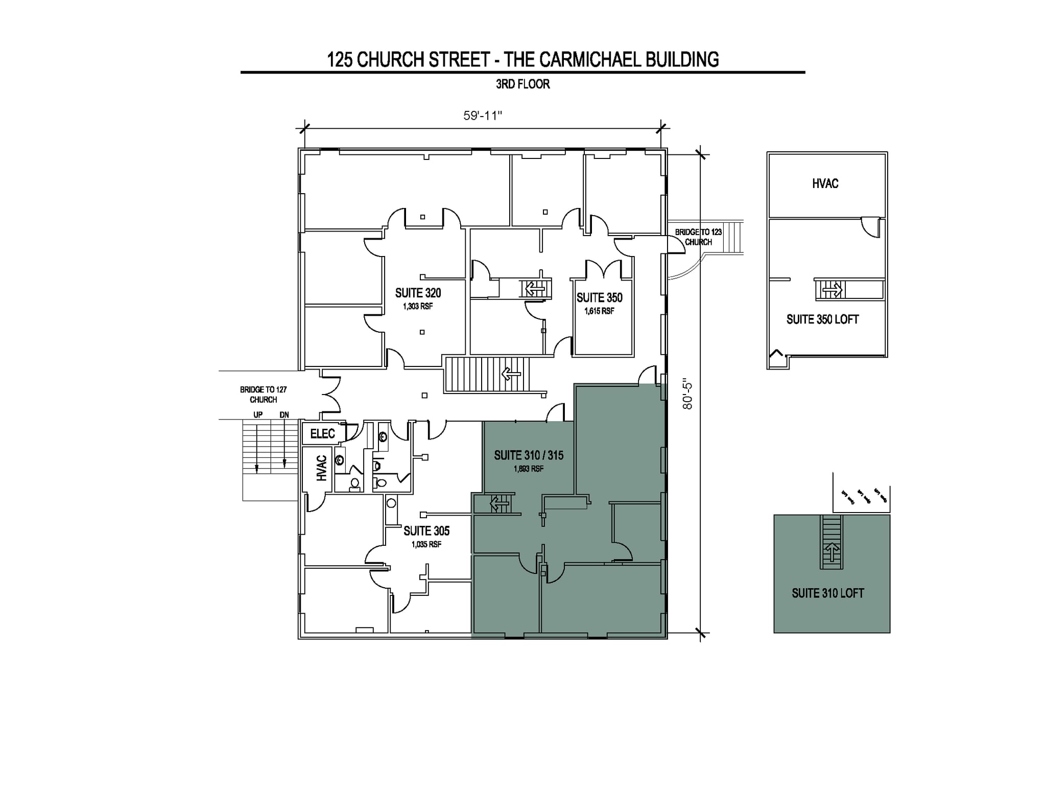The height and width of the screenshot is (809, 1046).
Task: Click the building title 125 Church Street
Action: (x=522, y=60)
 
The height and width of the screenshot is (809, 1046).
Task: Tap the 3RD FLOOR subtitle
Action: (x=522, y=84)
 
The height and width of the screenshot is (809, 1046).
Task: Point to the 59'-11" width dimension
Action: (x=483, y=115)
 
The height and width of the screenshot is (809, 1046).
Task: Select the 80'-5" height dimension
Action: (x=687, y=396)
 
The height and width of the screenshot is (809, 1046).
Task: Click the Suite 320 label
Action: (x=418, y=293)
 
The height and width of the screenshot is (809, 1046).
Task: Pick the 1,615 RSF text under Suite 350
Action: (x=599, y=311)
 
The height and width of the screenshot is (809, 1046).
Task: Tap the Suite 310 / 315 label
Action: (x=529, y=455)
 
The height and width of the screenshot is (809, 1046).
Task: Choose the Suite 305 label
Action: (x=426, y=531)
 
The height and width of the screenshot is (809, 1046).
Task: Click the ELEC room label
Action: (x=322, y=434)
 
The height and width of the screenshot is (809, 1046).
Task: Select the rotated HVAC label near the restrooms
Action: (x=321, y=468)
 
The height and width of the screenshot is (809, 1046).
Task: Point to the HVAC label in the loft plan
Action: (x=825, y=183)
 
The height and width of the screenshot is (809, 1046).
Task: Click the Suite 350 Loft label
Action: (x=822, y=319)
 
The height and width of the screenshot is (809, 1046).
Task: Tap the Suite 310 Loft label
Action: (x=827, y=593)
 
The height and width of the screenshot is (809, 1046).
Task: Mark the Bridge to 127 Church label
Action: (x=263, y=395)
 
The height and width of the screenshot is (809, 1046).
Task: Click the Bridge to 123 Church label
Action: (x=698, y=237)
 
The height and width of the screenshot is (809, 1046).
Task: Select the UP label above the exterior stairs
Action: (x=258, y=415)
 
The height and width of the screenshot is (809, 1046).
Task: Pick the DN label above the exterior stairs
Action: (x=284, y=415)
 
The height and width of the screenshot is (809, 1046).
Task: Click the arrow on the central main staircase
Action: (x=511, y=374)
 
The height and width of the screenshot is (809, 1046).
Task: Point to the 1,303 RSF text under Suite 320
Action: (x=418, y=307)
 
